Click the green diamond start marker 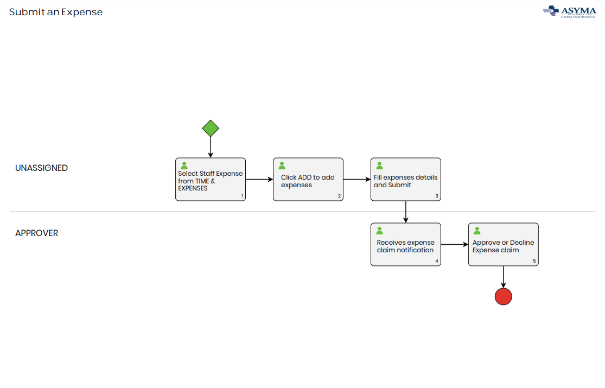(211, 129)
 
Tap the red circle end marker (504, 296)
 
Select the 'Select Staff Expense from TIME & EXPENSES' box (211, 180)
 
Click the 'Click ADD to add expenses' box (308, 180)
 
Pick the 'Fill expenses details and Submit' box (406, 180)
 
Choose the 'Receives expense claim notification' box (406, 245)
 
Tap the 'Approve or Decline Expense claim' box (504, 245)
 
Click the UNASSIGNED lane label (42, 168)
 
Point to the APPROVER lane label (37, 233)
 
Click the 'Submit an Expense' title (56, 12)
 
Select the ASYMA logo (569, 11)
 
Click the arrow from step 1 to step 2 (259, 180)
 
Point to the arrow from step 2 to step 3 (357, 180)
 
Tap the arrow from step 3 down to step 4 (406, 212)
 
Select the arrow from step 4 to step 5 (455, 245)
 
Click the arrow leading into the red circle (504, 277)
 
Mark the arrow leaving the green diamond (211, 147)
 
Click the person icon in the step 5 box (477, 231)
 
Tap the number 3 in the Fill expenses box (436, 196)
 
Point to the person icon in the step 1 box (184, 166)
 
